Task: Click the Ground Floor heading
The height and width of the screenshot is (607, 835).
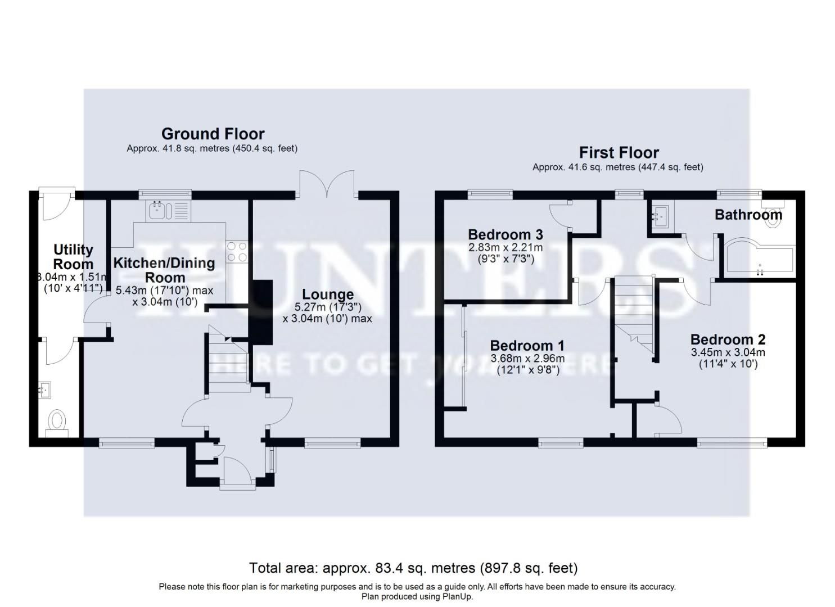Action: pyautogui.click(x=213, y=134)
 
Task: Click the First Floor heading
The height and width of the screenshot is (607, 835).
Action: pyautogui.click(x=619, y=152)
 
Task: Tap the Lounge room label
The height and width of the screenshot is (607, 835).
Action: pyautogui.click(x=328, y=295)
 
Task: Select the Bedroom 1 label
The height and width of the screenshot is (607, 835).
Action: pyautogui.click(x=527, y=346)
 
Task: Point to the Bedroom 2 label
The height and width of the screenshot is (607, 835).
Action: pyautogui.click(x=728, y=339)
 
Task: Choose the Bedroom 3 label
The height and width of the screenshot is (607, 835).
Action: pyautogui.click(x=505, y=234)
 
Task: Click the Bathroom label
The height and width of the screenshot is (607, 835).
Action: pyautogui.click(x=748, y=214)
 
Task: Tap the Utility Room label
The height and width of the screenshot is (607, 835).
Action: pyautogui.click(x=73, y=257)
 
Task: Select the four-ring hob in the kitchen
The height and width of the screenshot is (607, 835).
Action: pyautogui.click(x=236, y=251)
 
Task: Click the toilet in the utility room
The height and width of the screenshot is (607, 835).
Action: pyautogui.click(x=57, y=422)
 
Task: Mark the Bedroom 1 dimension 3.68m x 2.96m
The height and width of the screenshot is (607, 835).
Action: pyautogui.click(x=527, y=359)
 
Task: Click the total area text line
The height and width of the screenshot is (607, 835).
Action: pyautogui.click(x=413, y=568)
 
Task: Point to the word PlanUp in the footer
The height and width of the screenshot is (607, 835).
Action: pyautogui.click(x=445, y=596)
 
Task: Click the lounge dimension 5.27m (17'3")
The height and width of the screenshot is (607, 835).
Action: pyautogui.click(x=327, y=307)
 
